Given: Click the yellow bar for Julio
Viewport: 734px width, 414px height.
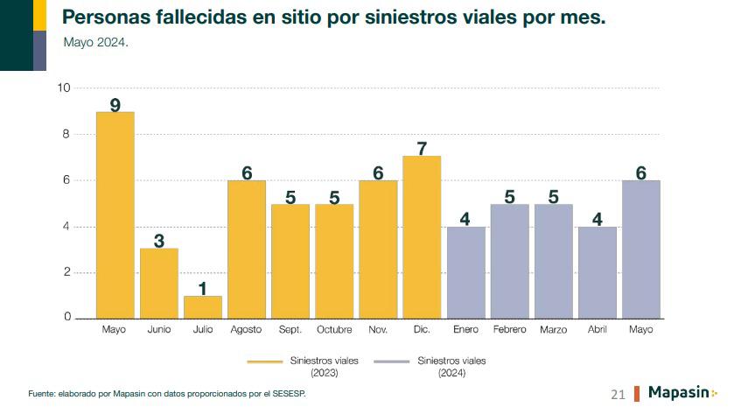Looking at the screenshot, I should [x=203, y=307].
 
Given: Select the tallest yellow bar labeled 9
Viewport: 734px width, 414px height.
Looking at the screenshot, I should [x=115, y=214].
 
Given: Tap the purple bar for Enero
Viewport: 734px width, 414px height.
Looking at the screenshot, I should [x=465, y=272].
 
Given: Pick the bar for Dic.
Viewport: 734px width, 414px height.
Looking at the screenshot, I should [x=422, y=237].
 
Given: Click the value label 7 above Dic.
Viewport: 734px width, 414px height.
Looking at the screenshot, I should [x=422, y=148].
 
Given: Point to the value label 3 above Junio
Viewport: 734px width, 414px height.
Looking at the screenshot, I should [x=159, y=240].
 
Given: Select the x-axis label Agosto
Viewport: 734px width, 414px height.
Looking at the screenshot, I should [x=246, y=330].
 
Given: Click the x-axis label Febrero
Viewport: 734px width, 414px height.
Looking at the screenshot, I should [x=509, y=330].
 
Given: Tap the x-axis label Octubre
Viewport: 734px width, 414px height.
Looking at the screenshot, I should [x=334, y=330].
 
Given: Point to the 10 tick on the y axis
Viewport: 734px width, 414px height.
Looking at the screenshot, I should [x=64, y=88].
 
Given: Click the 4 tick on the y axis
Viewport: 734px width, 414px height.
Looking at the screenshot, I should [x=66, y=227].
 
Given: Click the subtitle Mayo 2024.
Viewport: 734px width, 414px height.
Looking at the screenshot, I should [x=96, y=41].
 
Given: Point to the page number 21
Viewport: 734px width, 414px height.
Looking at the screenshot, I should [x=618, y=395].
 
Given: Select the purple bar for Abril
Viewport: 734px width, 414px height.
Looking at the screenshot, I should [x=597, y=272].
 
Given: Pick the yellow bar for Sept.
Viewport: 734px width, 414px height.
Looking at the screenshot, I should [x=290, y=261].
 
